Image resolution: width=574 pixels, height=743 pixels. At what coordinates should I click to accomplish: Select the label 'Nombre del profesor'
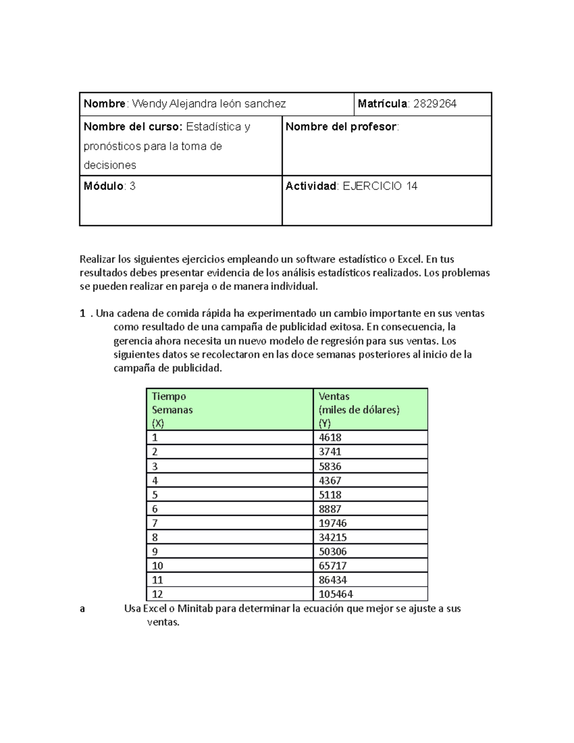[x=341, y=127]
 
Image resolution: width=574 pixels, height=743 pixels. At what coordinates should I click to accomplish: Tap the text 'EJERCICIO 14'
[x=380, y=186]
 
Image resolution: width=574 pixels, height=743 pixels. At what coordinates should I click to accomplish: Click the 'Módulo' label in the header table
[x=103, y=186]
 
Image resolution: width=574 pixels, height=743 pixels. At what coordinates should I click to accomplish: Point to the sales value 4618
[x=330, y=437]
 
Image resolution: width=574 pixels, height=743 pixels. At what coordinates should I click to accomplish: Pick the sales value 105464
[x=336, y=594]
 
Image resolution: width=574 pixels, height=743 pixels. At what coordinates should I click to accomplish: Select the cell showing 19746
[x=332, y=523]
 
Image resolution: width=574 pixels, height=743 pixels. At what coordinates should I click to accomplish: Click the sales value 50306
[x=332, y=552]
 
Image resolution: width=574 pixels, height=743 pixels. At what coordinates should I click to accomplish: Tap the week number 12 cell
[x=157, y=594]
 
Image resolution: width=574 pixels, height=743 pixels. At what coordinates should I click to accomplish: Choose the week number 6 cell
[x=155, y=509]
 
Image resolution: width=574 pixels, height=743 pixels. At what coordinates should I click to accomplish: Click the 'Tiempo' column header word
[x=168, y=396]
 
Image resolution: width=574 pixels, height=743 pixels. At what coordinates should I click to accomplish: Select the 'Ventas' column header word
[x=334, y=396]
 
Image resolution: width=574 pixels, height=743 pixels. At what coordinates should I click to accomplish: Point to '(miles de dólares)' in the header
[x=359, y=410]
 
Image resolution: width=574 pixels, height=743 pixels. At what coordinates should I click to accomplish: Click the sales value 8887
[x=330, y=509]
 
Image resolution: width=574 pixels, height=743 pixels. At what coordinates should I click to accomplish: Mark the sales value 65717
[x=332, y=566]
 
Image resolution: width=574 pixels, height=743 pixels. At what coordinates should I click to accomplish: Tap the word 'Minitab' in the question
[x=195, y=609]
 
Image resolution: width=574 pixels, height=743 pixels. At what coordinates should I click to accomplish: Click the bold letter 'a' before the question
[x=82, y=609]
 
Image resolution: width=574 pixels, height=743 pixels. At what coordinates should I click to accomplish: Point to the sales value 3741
[x=330, y=452]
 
